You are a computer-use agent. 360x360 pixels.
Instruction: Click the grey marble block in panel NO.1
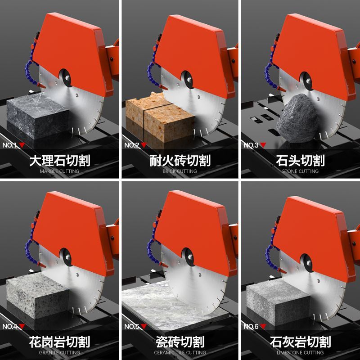click(38, 116)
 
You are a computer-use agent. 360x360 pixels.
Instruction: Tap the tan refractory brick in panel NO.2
click(160, 117)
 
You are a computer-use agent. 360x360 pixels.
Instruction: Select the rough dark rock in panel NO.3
click(298, 118)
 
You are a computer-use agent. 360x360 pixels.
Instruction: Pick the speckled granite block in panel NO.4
click(38, 296)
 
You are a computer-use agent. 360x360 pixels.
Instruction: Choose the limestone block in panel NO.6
click(278, 302)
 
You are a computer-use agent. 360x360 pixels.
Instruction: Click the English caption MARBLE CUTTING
click(59, 171)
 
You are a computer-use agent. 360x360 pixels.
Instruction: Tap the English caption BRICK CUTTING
click(180, 171)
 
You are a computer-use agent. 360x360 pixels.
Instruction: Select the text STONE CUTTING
click(300, 171)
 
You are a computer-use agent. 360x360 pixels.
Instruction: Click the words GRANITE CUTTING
click(59, 353)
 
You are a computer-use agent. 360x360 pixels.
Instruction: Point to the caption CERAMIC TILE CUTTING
click(180, 353)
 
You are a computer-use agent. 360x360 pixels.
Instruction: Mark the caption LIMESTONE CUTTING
click(300, 353)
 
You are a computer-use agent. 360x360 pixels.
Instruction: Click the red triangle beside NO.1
click(22, 145)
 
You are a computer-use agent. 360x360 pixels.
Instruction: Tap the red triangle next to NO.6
click(263, 326)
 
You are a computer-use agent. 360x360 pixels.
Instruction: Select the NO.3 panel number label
click(251, 145)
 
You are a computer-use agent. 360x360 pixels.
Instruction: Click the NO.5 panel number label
click(131, 326)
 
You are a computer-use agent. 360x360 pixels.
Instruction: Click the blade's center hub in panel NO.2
click(189, 80)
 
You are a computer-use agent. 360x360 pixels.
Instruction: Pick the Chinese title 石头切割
click(300, 161)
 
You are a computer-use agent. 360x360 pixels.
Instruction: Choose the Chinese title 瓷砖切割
click(180, 342)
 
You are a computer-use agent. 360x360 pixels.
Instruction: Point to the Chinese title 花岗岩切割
click(59, 342)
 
